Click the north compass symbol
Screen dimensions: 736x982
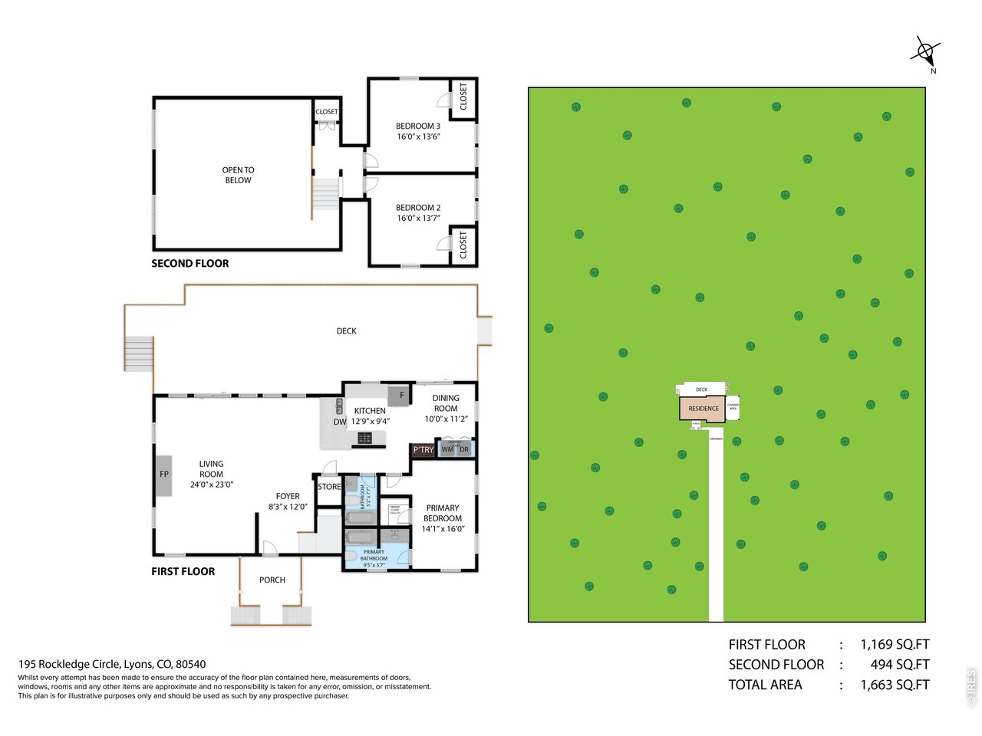925,53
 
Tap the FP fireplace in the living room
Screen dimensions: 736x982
163,475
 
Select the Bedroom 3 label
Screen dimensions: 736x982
418,127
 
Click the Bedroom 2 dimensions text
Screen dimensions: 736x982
418,219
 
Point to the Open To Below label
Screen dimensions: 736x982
238,175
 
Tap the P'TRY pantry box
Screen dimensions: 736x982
423,450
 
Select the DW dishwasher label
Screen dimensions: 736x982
339,422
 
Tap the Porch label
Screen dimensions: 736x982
272,580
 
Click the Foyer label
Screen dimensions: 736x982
288,497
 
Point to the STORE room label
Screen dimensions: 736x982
329,487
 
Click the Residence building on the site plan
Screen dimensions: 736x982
703,409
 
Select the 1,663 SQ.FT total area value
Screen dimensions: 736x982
895,685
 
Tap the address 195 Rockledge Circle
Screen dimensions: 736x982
112,665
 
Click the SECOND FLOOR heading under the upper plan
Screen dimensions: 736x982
190,264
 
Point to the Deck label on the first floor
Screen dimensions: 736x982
347,331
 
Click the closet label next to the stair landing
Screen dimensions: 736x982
327,112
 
